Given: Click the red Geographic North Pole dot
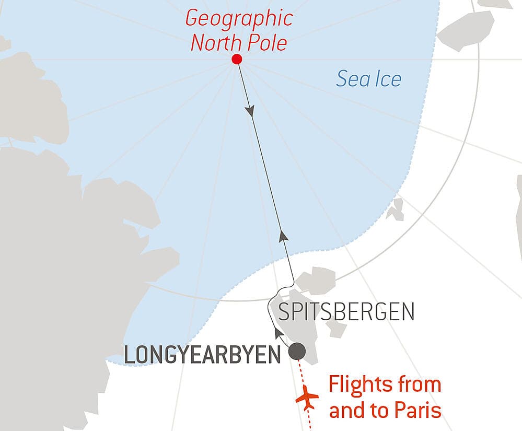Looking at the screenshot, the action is [x=237, y=59].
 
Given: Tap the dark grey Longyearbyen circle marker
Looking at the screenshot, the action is [x=298, y=350].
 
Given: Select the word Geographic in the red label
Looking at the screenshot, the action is [x=239, y=19].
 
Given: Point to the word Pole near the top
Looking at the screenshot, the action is [x=268, y=43].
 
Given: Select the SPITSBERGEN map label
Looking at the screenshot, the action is [x=346, y=312].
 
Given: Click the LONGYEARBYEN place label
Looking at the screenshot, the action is [x=202, y=356].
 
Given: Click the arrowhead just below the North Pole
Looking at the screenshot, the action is [x=250, y=111].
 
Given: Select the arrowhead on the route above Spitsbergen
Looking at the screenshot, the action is [x=283, y=236].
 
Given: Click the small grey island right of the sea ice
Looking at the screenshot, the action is [x=396, y=209].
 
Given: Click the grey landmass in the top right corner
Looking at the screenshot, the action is [x=466, y=28].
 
